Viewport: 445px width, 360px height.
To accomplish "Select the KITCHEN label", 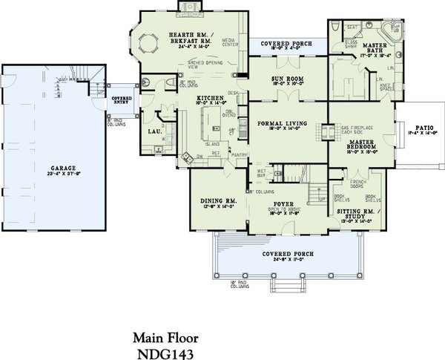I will click(208, 99).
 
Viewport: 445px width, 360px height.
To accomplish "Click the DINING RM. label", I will click(218, 201).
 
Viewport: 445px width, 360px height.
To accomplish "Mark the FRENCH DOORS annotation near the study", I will click(358, 180).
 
